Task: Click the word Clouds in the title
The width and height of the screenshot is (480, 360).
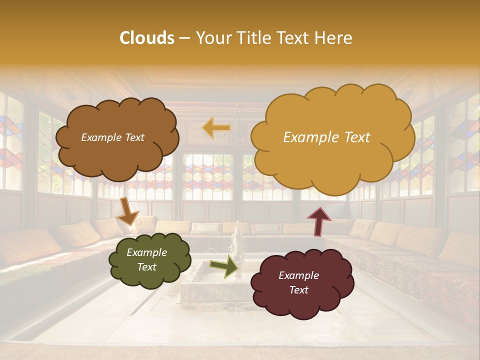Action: tap(147, 38)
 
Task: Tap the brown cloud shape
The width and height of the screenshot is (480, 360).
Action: tap(116, 150)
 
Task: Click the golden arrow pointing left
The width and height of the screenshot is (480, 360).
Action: tap(216, 128)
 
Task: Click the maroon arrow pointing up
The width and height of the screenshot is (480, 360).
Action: tap(318, 221)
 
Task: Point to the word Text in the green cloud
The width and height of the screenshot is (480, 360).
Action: tap(147, 267)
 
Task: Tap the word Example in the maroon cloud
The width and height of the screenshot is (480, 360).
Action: tap(298, 275)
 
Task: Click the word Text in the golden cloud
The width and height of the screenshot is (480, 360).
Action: tap(356, 137)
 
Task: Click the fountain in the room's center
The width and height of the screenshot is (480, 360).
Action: tap(235, 245)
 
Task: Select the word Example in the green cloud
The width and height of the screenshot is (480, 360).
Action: tap(146, 252)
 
